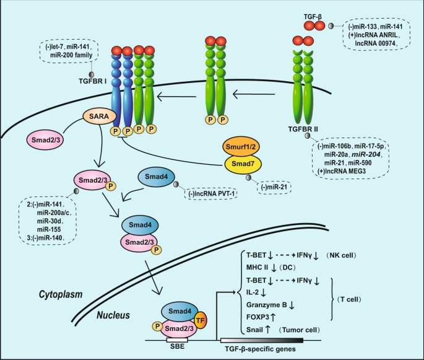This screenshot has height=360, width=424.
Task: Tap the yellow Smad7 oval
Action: coord(245,164)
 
